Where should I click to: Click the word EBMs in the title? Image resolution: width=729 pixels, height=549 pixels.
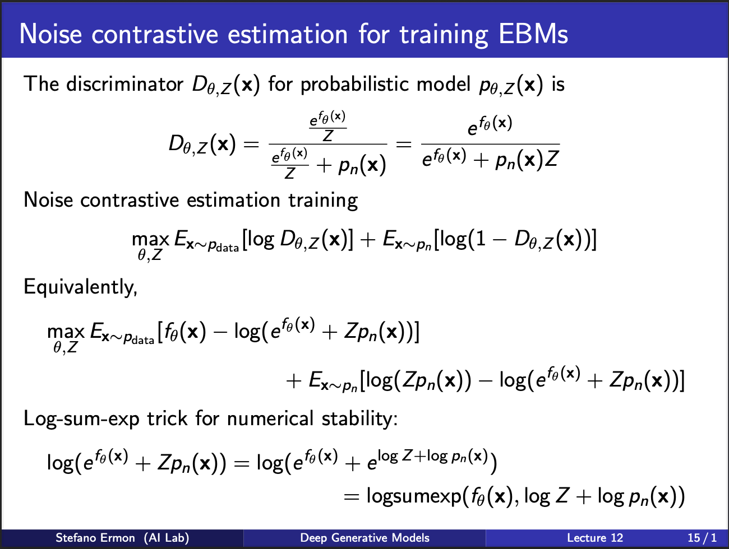point(533,34)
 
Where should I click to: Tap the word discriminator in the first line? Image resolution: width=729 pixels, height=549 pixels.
point(124,83)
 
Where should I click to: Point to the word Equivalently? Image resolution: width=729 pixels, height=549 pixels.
point(80,287)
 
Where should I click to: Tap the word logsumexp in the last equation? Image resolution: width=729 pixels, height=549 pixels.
point(413,496)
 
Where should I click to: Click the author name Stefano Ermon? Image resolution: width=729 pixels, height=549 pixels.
point(95,538)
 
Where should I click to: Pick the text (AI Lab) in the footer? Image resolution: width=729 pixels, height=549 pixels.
point(167,538)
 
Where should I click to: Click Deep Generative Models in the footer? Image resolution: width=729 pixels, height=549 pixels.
point(364,538)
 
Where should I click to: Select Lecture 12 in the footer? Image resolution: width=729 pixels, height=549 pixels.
point(595,538)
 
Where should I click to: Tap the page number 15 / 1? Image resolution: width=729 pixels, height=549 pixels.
point(702,538)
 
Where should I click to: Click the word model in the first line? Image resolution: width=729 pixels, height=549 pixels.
point(443,83)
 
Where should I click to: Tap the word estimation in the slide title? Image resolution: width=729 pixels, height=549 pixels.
point(288,34)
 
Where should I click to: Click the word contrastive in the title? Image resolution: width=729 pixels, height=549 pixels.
point(155,34)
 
